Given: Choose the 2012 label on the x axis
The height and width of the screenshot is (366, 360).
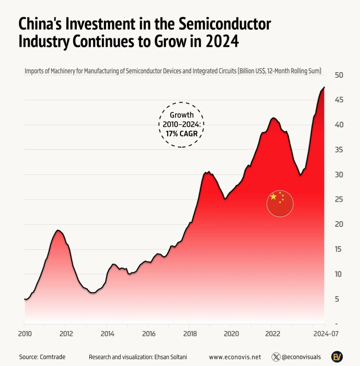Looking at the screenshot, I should pyautogui.click(x=66, y=334).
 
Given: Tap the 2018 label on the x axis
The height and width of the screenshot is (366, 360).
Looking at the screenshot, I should pyautogui.click(x=189, y=334).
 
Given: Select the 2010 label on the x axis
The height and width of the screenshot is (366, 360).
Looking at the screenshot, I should pyautogui.click(x=25, y=334).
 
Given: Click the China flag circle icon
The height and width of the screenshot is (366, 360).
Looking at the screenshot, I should pyautogui.click(x=280, y=204).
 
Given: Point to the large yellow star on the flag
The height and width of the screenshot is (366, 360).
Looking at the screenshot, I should pyautogui.click(x=273, y=197).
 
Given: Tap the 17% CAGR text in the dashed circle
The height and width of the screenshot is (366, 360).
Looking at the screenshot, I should pyautogui.click(x=181, y=133).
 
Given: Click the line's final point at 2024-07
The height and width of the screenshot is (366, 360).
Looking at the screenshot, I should pyautogui.click(x=325, y=87).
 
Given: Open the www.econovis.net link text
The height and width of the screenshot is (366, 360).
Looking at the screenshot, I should pyautogui.click(x=235, y=357).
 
